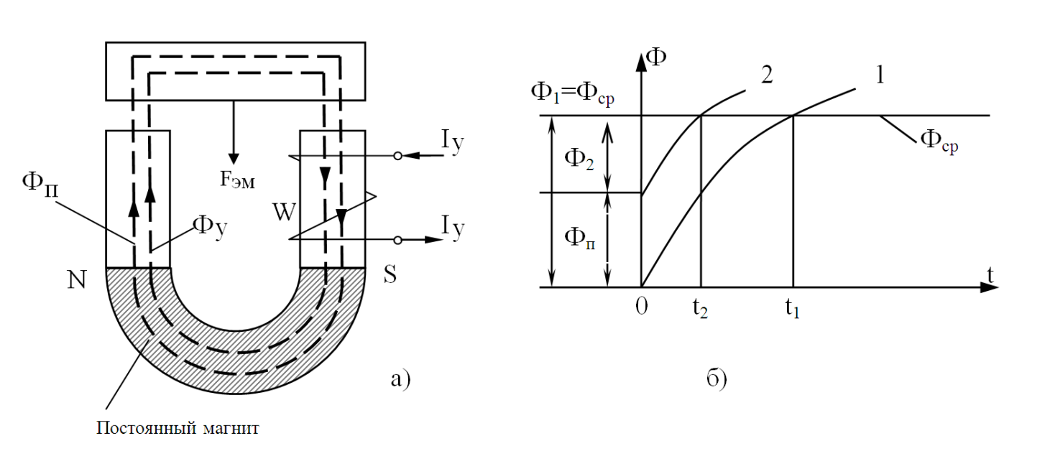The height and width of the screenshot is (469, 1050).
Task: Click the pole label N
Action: [x=77, y=279]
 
